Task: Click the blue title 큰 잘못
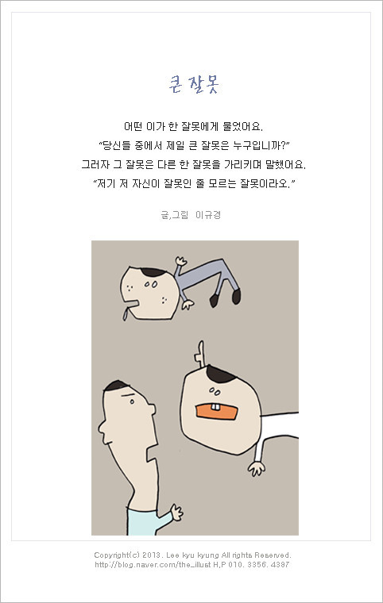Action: tap(194, 84)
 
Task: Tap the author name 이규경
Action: tap(208, 214)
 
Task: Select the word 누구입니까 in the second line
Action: tap(259, 145)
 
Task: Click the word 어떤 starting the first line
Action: tap(133, 126)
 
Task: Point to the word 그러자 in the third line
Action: tap(95, 164)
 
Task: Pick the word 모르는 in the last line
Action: tap(222, 183)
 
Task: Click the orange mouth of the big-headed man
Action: tap(217, 412)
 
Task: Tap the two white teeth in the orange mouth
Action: tap(216, 407)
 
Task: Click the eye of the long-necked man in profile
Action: tap(132, 401)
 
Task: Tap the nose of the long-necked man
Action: tap(152, 409)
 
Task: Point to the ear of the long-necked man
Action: tap(103, 426)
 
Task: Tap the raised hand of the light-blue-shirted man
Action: tap(176, 512)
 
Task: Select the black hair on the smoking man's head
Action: tap(153, 272)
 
